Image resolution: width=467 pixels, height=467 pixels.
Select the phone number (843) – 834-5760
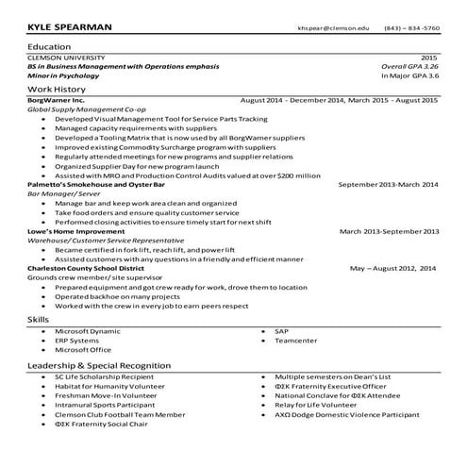(411, 28)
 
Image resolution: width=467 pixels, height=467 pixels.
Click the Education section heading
(49, 46)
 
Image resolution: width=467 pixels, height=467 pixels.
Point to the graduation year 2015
(428, 58)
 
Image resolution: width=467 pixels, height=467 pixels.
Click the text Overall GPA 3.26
(409, 67)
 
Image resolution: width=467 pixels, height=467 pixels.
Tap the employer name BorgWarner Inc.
(57, 100)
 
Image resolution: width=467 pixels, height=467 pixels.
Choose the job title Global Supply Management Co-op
(86, 110)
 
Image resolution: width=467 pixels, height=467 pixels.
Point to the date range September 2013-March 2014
(388, 185)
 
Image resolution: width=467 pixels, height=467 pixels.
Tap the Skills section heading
(39, 321)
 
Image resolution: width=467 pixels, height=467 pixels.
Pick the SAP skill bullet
(280, 331)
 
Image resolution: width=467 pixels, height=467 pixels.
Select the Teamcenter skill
(295, 341)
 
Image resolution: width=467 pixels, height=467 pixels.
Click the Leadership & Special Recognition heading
(99, 364)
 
